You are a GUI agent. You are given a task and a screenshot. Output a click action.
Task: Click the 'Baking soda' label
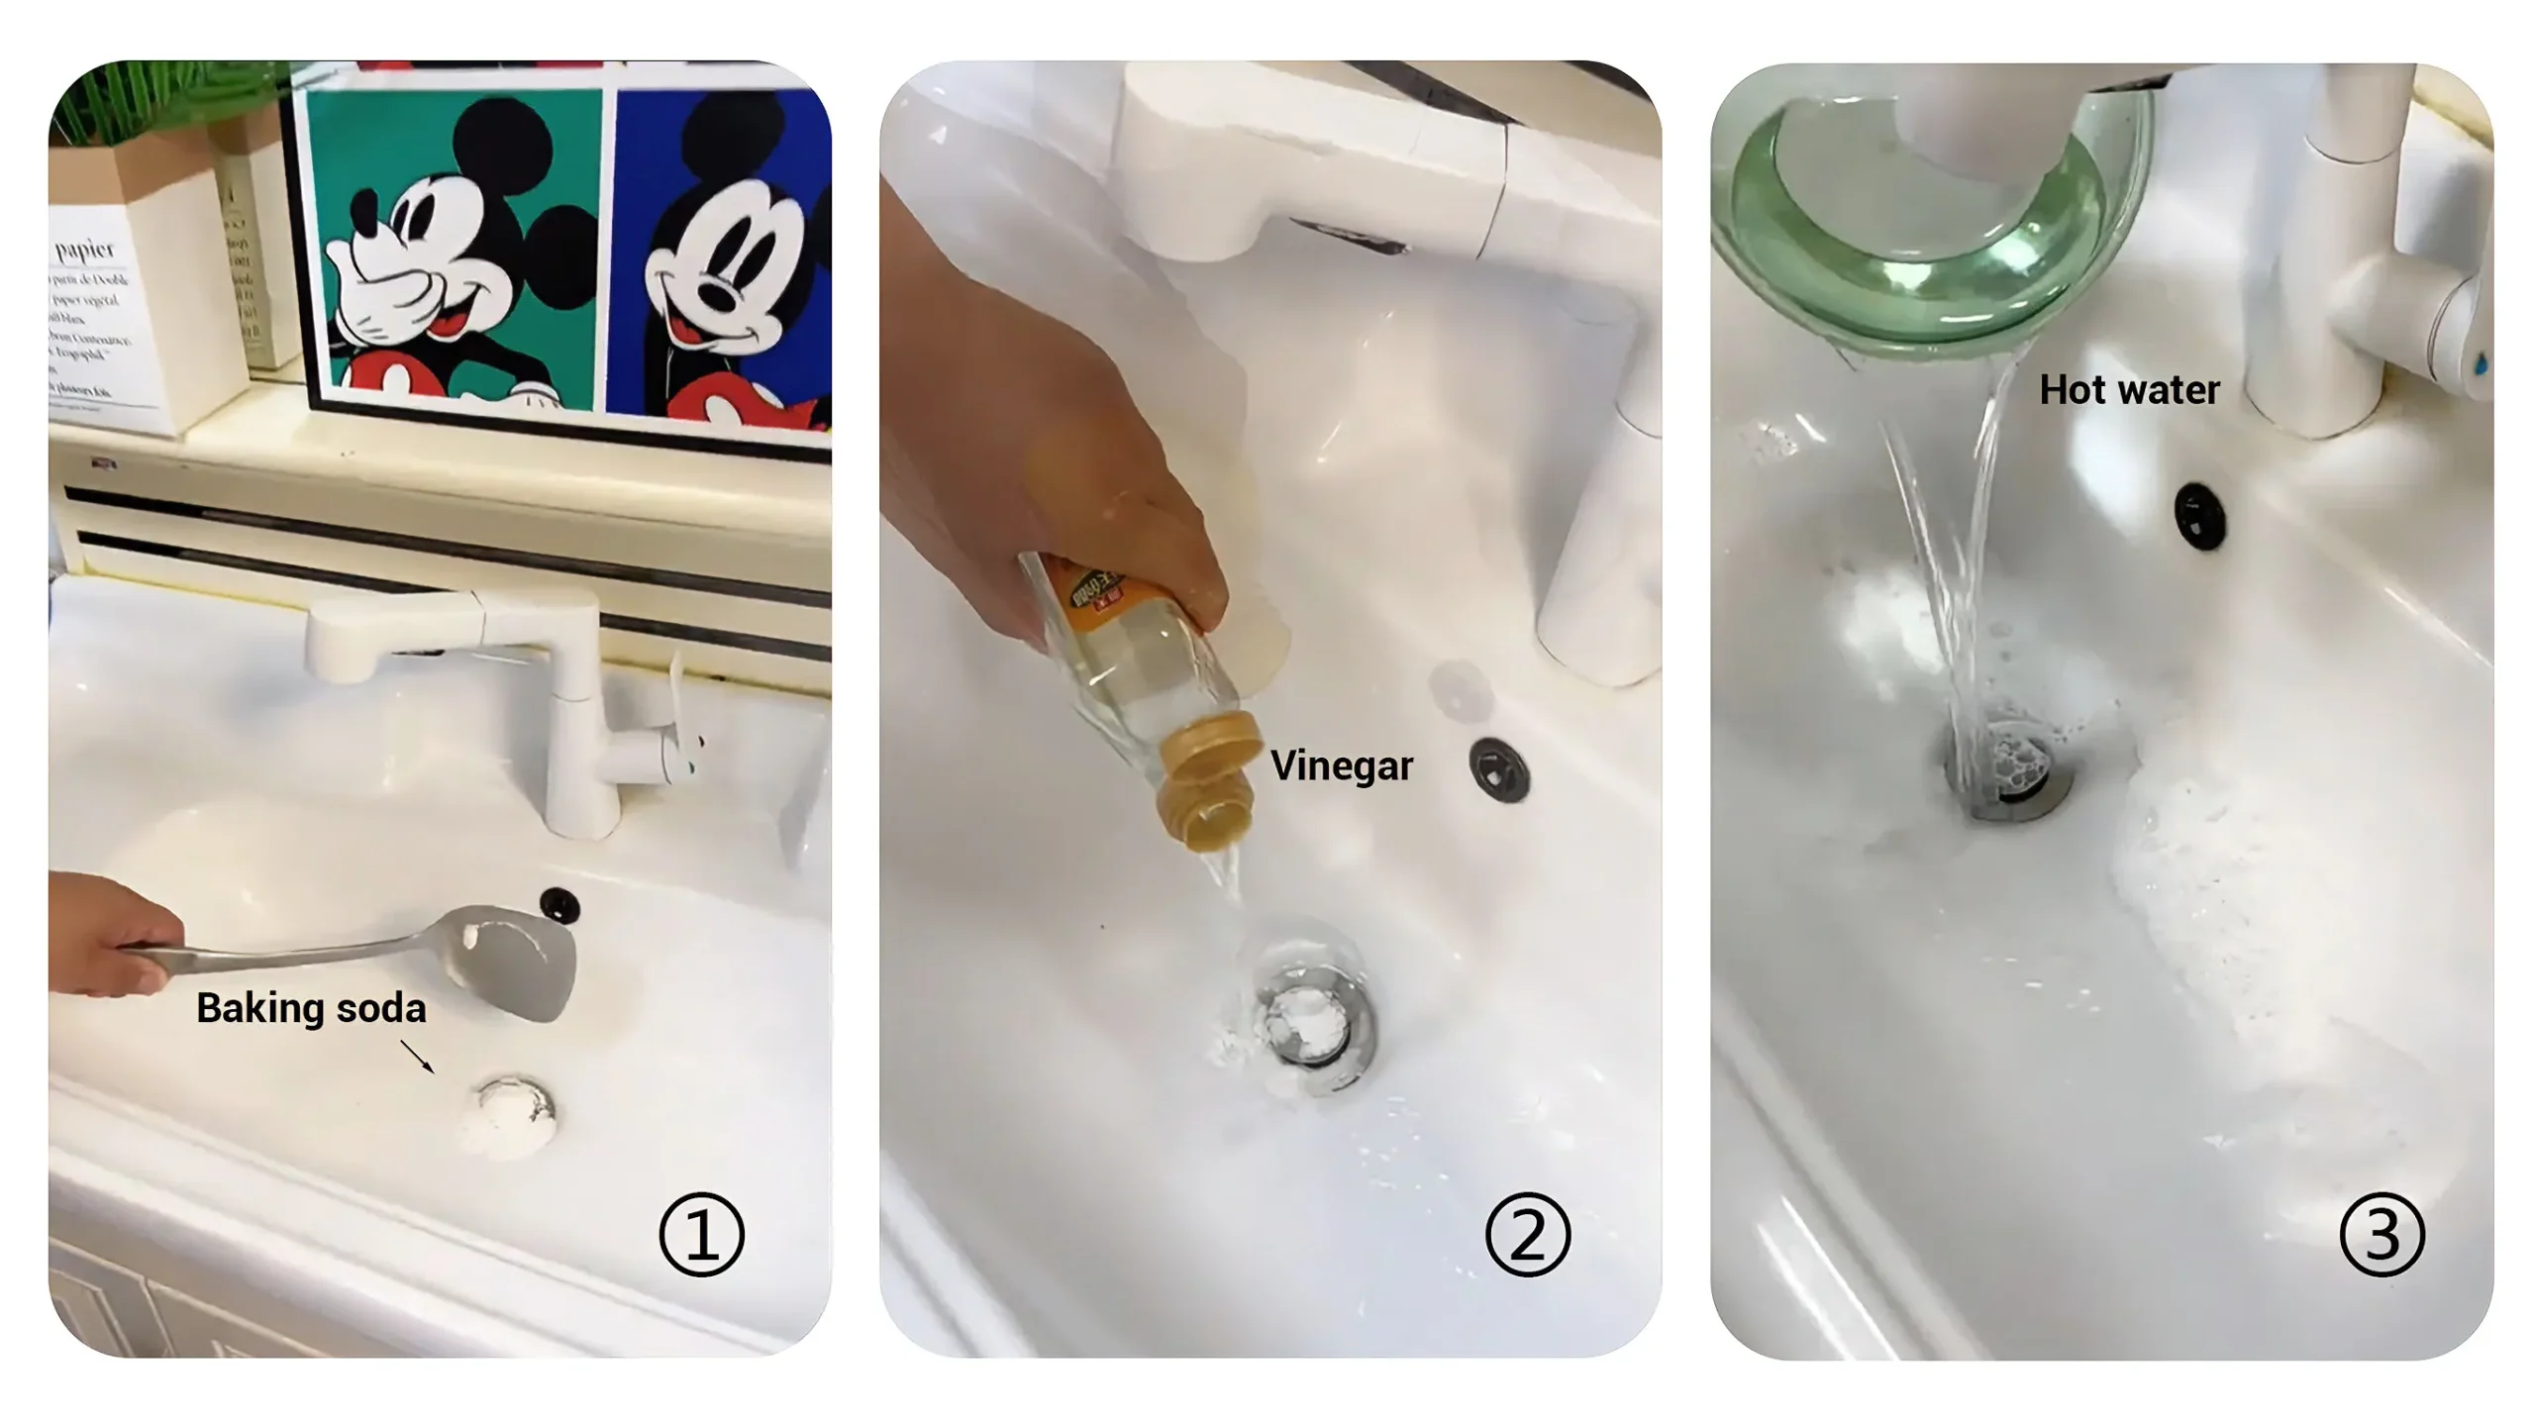(311, 1008)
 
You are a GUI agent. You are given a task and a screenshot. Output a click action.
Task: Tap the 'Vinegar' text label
(1341, 765)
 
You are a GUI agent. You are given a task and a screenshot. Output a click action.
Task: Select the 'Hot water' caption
(2129, 389)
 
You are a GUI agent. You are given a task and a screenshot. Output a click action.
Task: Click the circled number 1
(701, 1234)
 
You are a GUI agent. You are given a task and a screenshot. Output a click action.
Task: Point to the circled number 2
(1527, 1234)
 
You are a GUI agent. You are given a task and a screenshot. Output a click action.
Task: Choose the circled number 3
(2382, 1234)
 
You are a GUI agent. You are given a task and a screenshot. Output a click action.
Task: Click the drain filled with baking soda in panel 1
(515, 1114)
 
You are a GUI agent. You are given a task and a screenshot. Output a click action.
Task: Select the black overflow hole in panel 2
(1499, 768)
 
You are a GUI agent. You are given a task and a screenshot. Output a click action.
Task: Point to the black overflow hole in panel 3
(2199, 514)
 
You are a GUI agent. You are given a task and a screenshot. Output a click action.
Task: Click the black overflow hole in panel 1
(559, 904)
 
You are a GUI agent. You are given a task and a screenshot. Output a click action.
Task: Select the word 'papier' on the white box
(85, 249)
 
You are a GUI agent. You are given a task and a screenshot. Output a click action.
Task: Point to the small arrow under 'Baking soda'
(418, 1056)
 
